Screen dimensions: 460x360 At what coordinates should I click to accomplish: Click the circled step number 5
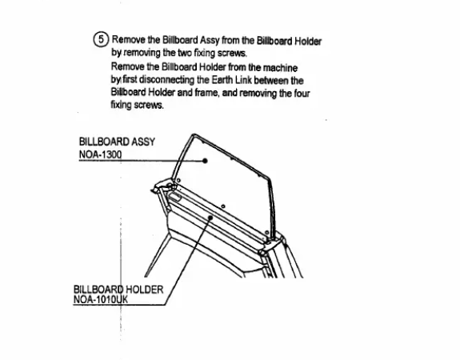point(101,39)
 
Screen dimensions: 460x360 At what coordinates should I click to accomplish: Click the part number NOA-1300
point(100,154)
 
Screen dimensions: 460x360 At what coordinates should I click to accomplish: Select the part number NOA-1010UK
point(101,299)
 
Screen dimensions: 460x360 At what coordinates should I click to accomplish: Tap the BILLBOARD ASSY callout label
point(117,142)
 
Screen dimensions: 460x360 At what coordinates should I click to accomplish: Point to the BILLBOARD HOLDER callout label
point(118,290)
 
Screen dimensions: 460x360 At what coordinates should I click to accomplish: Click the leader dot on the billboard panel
point(205,161)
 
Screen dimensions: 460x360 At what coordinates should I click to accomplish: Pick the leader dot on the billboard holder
point(210,218)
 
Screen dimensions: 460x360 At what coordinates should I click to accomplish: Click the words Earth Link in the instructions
point(232,80)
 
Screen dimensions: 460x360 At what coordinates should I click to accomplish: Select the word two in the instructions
point(185,53)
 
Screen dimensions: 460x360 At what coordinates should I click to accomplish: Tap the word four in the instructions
point(302,94)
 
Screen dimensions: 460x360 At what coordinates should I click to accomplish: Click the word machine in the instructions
point(280,68)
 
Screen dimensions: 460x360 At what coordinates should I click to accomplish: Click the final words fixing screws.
point(137,105)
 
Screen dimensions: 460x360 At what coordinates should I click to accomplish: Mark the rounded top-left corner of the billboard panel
point(193,135)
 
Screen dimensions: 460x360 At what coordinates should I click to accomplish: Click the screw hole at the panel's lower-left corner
point(178,181)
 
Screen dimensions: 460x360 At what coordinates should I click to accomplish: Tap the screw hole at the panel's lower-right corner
point(266,233)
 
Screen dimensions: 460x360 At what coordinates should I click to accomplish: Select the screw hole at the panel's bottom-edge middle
point(223,206)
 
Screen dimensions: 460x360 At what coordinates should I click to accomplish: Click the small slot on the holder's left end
point(174,196)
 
